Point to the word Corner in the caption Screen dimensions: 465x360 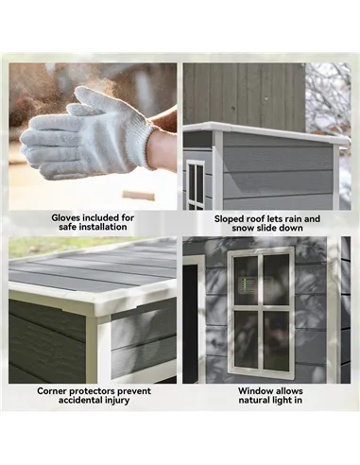[57, 389]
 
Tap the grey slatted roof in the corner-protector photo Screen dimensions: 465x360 [94, 269]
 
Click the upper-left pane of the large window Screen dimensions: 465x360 [245, 278]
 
